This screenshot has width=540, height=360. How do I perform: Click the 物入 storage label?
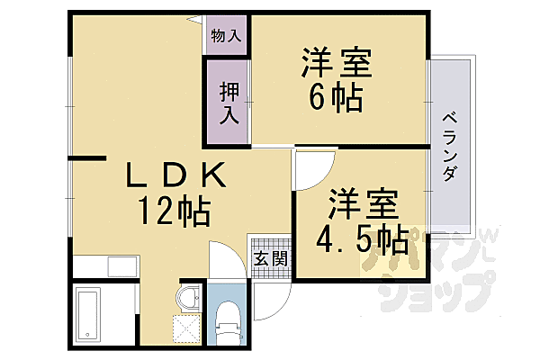(226, 37)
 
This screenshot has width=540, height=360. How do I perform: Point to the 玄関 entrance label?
(270, 257)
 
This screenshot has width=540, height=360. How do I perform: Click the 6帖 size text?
(336, 96)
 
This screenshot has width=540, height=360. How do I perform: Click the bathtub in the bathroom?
(89, 314)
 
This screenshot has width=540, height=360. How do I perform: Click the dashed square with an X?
(184, 330)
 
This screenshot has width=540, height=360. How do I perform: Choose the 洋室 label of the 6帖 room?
(336, 63)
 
